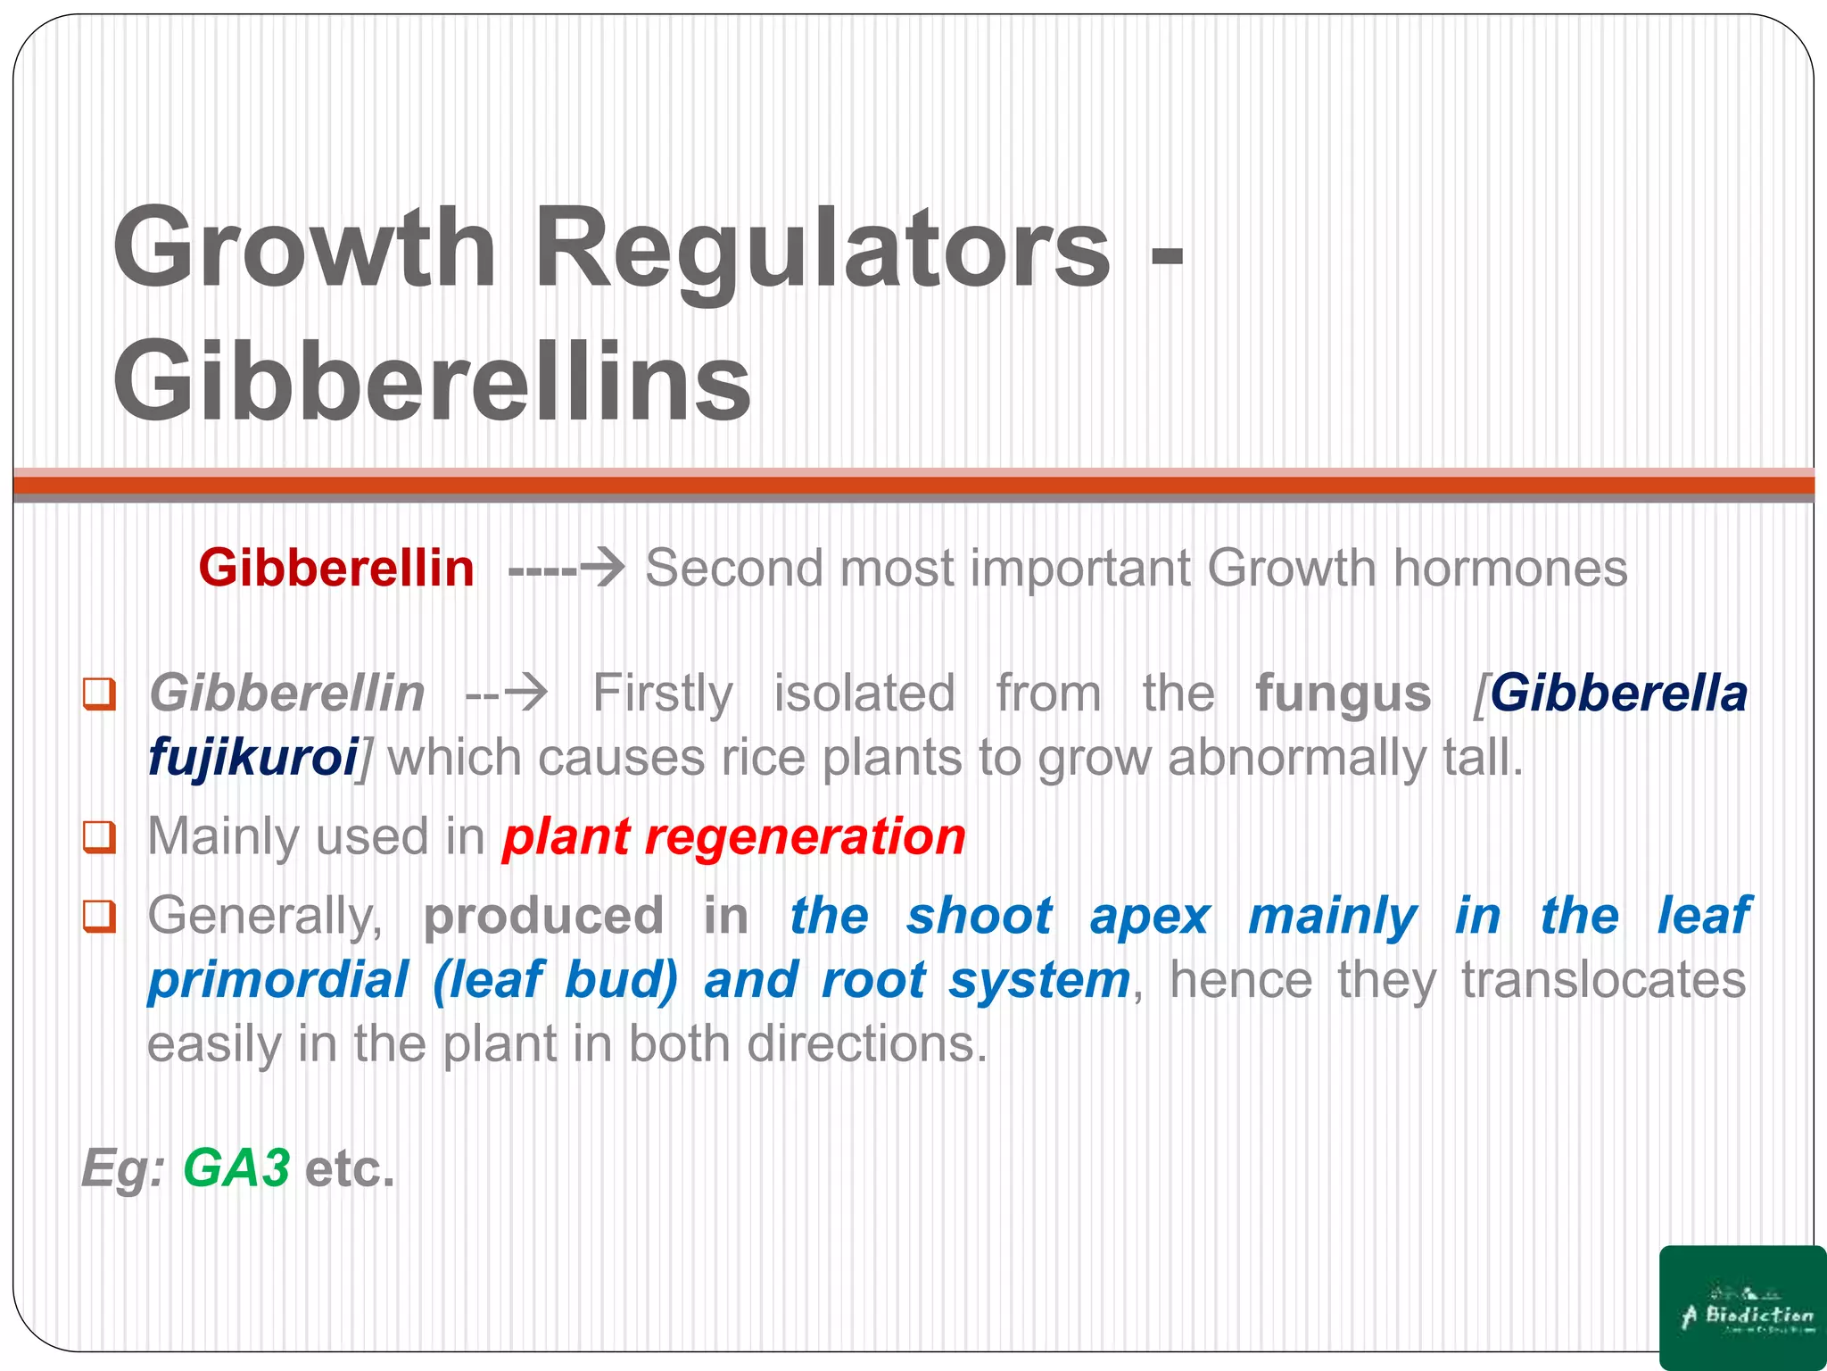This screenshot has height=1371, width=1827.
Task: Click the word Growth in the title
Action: pos(304,247)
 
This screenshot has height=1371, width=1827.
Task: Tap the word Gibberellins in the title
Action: pos(433,382)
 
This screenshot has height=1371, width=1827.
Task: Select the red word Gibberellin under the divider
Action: pos(336,568)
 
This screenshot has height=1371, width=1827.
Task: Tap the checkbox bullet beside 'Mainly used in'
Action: pos(100,837)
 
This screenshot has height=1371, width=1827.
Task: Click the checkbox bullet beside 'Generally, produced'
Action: pos(100,916)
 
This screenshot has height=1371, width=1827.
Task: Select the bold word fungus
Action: pos(1343,694)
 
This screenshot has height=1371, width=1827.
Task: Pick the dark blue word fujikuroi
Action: pos(253,758)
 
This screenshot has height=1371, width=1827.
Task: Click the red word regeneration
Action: pos(805,837)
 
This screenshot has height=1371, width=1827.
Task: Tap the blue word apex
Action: pos(1149,916)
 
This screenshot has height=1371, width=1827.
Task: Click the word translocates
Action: pos(1603,980)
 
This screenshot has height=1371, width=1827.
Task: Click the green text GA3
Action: pos(236,1168)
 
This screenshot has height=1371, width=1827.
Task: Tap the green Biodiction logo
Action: pos(1741,1307)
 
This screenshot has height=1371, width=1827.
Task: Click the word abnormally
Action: pos(1295,758)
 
